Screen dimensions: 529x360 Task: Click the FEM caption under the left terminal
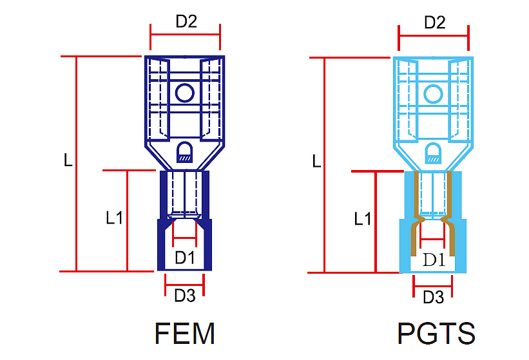pyautogui.click(x=184, y=333)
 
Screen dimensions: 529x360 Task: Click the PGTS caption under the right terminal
pyautogui.click(x=436, y=333)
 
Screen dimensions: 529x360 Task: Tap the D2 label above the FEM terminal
pyautogui.click(x=186, y=21)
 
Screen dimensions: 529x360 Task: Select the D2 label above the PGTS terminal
pyautogui.click(x=435, y=23)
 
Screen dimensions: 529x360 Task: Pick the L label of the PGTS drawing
pyautogui.click(x=316, y=161)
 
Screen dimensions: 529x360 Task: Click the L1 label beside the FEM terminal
pyautogui.click(x=114, y=218)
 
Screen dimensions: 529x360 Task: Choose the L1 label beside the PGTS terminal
pyautogui.click(x=363, y=219)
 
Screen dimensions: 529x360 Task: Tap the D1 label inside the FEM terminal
pyautogui.click(x=184, y=258)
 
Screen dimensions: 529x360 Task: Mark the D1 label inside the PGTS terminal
pyautogui.click(x=434, y=260)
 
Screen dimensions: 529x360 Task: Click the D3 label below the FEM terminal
pyautogui.click(x=184, y=296)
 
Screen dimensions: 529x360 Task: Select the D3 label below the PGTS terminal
pyautogui.click(x=433, y=298)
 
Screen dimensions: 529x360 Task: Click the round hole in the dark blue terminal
pyautogui.click(x=185, y=93)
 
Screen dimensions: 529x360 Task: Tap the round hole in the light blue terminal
pyautogui.click(x=433, y=94)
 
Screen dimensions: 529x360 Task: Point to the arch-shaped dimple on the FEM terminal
pyautogui.click(x=185, y=152)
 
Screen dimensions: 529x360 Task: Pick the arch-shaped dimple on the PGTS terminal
pyautogui.click(x=433, y=153)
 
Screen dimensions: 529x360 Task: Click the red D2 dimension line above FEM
pyautogui.click(x=185, y=34)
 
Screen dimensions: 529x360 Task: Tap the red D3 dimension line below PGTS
pyautogui.click(x=433, y=287)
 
